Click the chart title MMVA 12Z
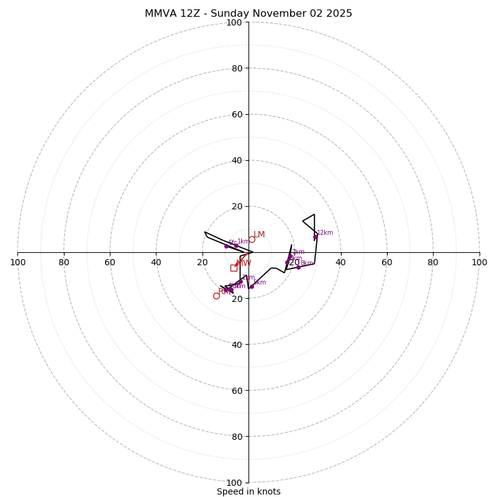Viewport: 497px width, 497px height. tap(248, 14)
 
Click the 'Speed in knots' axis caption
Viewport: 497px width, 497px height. tap(248, 491)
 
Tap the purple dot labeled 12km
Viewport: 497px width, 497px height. tap(315, 237)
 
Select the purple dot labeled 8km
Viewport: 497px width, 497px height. tap(298, 267)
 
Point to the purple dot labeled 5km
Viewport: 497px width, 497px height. tap(252, 286)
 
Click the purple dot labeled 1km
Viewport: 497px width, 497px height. tap(236, 245)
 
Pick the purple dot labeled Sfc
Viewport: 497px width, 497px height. tap(226, 246)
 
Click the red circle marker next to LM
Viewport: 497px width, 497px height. tap(252, 239)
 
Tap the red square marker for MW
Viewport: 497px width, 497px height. tap(234, 268)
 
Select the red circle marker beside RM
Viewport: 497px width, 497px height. tap(216, 296)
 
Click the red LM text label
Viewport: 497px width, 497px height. tap(259, 235)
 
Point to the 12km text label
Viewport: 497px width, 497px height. tap(325, 233)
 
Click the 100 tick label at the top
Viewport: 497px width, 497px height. tap(234, 23)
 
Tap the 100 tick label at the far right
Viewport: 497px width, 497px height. tap(480, 262)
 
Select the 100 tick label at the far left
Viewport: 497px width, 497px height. tap(17, 262)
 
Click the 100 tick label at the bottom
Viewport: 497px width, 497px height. tap(234, 483)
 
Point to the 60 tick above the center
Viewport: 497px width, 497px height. tap(237, 114)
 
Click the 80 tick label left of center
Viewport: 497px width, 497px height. tap(64, 262)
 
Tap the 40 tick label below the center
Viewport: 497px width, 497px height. tap(237, 345)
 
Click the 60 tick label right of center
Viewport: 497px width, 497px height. tap(387, 262)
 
